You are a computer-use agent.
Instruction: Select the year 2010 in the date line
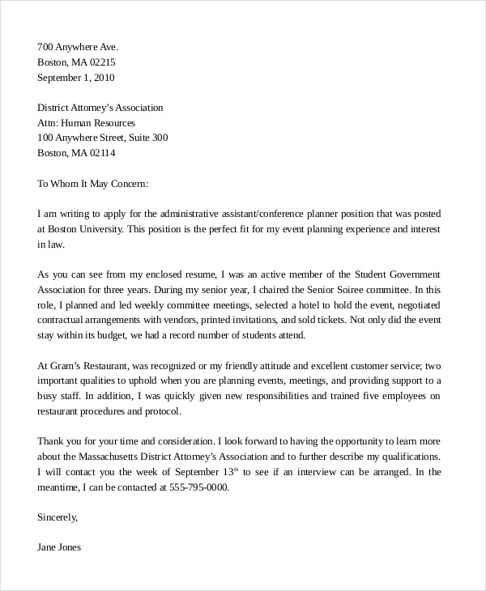click(104, 79)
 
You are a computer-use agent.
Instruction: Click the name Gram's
click(67, 365)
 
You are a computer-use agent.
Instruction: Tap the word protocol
click(160, 411)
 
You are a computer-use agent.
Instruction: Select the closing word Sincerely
click(58, 516)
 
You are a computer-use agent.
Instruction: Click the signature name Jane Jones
click(59, 546)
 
